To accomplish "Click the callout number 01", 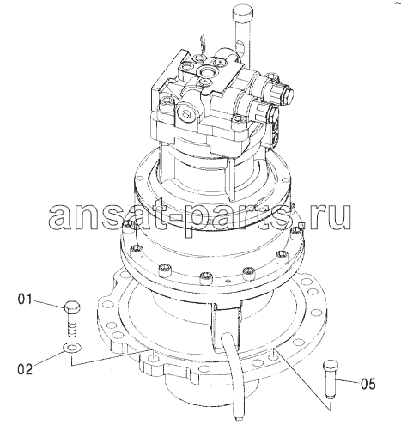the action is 25,300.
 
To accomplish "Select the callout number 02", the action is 25,369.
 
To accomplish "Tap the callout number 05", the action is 368,384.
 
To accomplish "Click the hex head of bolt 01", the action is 72,307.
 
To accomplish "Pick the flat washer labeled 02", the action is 72,348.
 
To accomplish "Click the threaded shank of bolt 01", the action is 72,325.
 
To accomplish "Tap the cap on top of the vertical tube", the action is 242,14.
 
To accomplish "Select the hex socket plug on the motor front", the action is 186,115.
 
